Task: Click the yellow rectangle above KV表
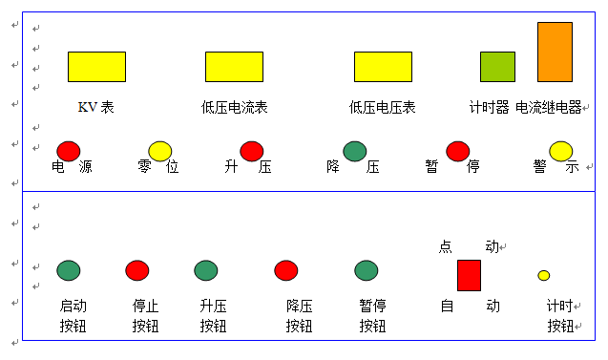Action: click(96, 67)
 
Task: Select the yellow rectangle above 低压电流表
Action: click(234, 67)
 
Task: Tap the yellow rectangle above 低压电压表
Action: click(383, 67)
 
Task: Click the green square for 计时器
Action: click(497, 67)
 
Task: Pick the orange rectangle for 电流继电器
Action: click(555, 52)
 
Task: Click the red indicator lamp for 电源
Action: click(69, 151)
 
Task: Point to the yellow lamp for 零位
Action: click(160, 151)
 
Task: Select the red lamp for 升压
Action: click(252, 151)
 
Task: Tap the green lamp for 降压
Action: click(355, 151)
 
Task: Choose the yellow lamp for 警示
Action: click(561, 151)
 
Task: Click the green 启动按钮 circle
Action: click(69, 270)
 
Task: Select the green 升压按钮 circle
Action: click(206, 270)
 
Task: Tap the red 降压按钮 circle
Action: click(286, 270)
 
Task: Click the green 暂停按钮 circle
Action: click(367, 270)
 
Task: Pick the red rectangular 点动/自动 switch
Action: click(469, 275)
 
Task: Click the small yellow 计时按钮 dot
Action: click(544, 275)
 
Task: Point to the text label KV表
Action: click(96, 108)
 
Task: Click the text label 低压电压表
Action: click(383, 108)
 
